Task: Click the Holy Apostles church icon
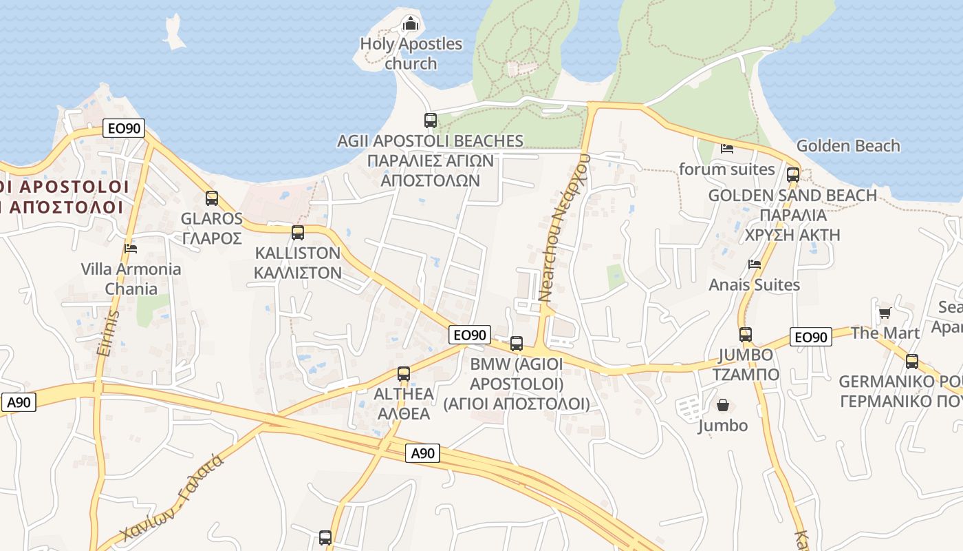click(x=411, y=24)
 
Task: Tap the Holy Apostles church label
click(x=411, y=54)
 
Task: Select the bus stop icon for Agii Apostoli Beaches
click(x=431, y=121)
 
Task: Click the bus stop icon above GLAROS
click(x=212, y=198)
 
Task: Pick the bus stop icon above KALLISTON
click(x=298, y=233)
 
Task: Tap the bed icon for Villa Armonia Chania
click(x=131, y=248)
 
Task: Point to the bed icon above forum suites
click(x=727, y=148)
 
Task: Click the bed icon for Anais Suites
click(x=755, y=264)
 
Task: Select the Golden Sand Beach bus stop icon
click(x=793, y=175)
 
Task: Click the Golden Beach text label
click(x=847, y=146)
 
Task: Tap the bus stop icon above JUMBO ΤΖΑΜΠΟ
click(x=746, y=335)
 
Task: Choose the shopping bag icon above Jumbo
click(x=722, y=405)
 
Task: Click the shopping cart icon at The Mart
click(x=885, y=313)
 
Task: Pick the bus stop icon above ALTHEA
click(x=404, y=374)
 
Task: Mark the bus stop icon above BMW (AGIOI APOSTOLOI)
click(x=517, y=343)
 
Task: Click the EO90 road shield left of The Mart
click(x=811, y=337)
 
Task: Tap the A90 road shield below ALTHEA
click(x=423, y=453)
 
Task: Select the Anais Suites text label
click(x=754, y=285)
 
